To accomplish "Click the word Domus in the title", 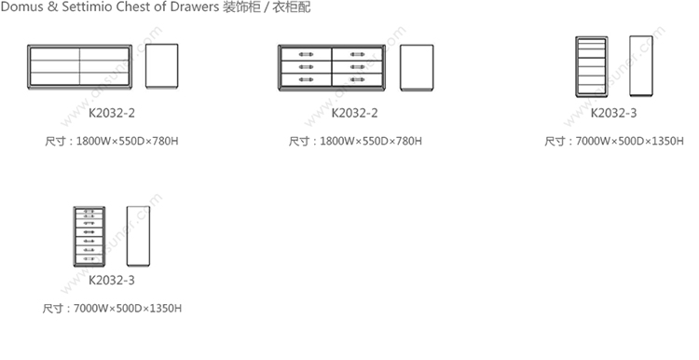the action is coord(21,7).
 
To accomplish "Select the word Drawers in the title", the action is coord(195,7).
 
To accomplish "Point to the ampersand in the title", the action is coord(52,7).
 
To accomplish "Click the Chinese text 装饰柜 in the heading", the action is coord(241,7).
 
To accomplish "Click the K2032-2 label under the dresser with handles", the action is coord(354,113).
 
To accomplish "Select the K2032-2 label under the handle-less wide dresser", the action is coord(112,113).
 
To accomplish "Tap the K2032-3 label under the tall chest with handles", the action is coord(112,280).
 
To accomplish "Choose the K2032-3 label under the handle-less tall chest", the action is coord(613,113).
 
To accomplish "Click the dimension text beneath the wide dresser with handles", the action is coord(355,142).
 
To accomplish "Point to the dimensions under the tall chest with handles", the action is coord(112,309).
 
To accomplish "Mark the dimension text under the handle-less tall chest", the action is coord(614,142).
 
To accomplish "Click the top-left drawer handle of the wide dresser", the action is coord(306,54).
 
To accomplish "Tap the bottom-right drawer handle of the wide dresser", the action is coord(357,80).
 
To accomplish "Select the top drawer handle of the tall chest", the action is coord(89,212).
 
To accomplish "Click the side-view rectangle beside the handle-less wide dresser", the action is coord(162,66).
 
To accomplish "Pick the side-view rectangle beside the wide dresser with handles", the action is coord(417,67).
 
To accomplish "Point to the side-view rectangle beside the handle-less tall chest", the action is coord(641,66).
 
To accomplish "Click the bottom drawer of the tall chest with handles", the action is coord(89,258).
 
